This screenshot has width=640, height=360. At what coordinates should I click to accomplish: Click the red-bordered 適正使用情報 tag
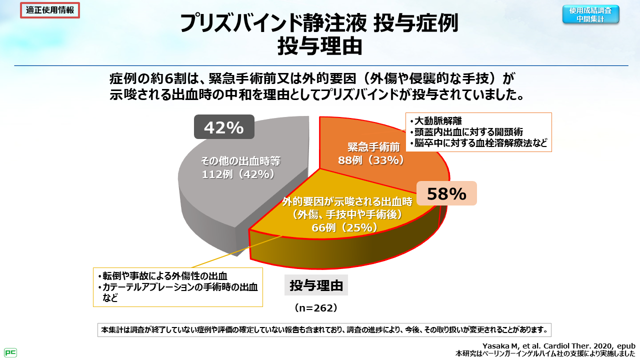(50, 10)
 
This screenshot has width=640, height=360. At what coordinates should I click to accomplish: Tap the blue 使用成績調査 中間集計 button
(590, 14)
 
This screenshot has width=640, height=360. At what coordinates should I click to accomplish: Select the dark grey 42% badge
(223, 128)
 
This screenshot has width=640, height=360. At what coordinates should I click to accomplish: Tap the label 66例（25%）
(344, 227)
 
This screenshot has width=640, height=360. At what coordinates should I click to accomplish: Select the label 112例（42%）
(238, 174)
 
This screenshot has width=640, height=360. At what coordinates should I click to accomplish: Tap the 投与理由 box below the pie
(316, 285)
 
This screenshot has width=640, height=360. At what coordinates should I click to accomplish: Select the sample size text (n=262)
(316, 308)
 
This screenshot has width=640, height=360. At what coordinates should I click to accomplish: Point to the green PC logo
(10, 352)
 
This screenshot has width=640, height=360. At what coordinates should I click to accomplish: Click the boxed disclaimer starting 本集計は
(324, 330)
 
